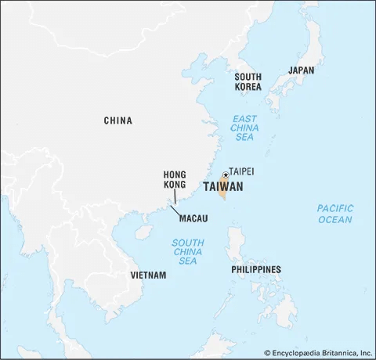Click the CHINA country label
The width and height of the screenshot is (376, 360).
click(117, 121)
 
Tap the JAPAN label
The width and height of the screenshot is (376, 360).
click(301, 70)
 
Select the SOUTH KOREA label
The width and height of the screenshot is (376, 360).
click(248, 81)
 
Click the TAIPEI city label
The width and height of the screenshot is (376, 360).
click(241, 171)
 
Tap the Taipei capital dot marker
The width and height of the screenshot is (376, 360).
click(225, 174)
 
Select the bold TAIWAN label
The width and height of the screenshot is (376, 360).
click(222, 187)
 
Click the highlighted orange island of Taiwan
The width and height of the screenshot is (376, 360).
click(223, 189)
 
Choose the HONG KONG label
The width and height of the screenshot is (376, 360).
click(174, 180)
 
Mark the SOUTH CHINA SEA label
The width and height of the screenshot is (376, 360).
click(188, 251)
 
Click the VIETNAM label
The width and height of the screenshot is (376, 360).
click(148, 275)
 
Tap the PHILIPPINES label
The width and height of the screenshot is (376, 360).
click(255, 270)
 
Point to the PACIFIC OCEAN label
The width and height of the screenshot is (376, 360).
click(334, 214)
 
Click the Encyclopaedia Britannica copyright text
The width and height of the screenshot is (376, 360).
click(316, 352)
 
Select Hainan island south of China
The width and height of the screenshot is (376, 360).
click(143, 232)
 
